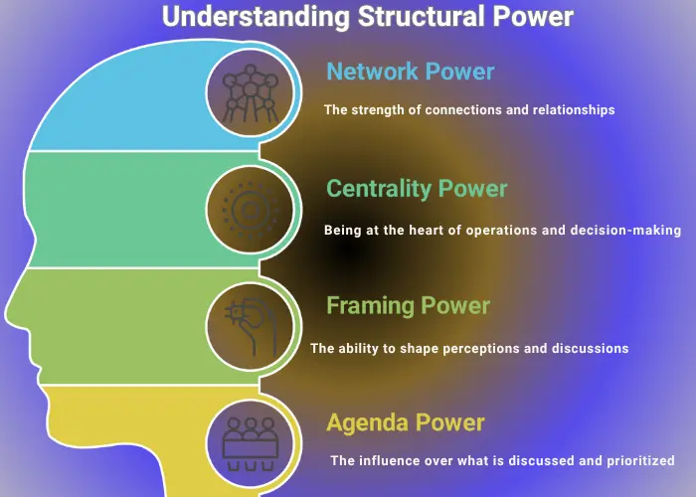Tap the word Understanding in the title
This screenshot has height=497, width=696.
pyautogui.click(x=251, y=17)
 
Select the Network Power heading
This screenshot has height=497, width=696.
pyautogui.click(x=410, y=72)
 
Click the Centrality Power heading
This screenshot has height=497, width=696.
pyautogui.click(x=417, y=189)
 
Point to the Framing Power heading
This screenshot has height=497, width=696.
pyautogui.click(x=408, y=305)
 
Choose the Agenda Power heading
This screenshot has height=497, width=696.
pyautogui.click(x=405, y=421)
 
